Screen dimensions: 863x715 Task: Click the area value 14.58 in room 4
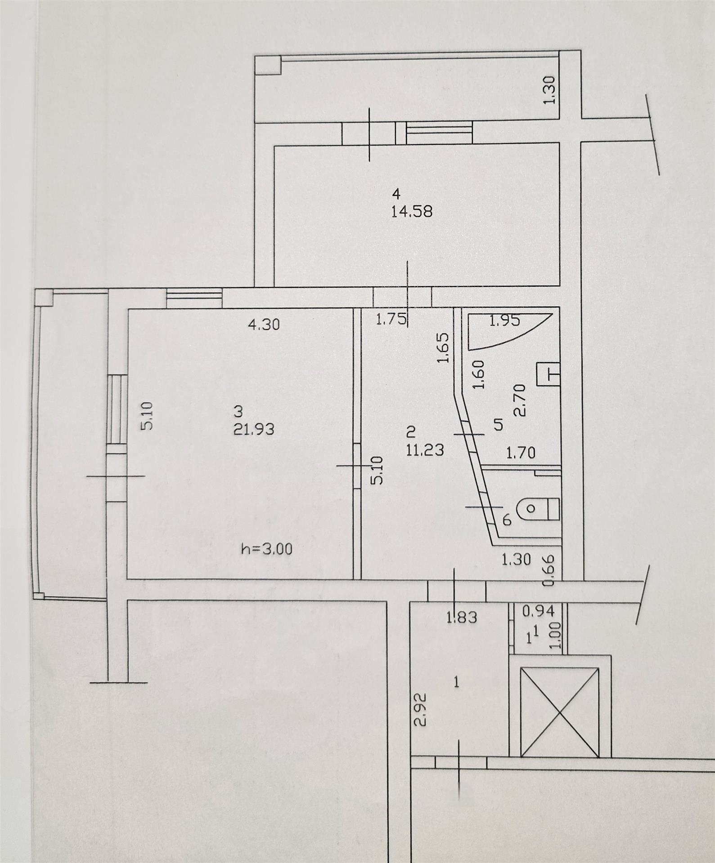point(412,211)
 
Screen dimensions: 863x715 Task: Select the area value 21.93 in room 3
point(254,429)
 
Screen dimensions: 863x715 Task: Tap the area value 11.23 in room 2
point(425,449)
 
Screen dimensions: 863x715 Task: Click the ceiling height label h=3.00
point(267,549)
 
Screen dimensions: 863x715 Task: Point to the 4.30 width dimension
point(264,324)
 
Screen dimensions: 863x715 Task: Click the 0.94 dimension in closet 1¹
point(539,611)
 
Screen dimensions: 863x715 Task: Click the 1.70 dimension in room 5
point(521,453)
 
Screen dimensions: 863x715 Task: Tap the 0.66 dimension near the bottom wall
point(548,570)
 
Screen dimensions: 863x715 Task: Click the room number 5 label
point(498,424)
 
